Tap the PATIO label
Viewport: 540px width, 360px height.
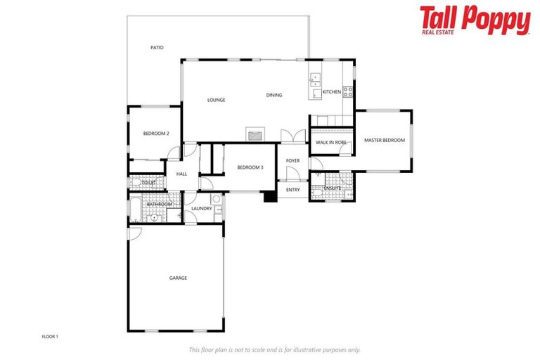[157, 48]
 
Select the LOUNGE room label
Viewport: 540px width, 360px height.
[216, 100]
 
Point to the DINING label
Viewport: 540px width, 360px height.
[274, 96]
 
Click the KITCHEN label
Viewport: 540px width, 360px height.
[331, 92]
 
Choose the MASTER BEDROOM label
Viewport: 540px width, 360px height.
[384, 141]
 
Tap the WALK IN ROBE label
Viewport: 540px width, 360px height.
[331, 143]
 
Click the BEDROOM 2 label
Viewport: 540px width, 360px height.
[156, 134]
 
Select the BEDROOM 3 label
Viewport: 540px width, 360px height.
[250, 167]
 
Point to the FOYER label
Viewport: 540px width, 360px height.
[292, 161]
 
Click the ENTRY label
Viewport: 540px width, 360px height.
[292, 190]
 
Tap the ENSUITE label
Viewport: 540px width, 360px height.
[332, 188]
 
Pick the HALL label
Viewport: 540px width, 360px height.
[181, 174]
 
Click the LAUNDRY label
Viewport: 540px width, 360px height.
[202, 209]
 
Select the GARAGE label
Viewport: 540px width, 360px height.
[178, 278]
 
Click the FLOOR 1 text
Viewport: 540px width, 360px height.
[50, 337]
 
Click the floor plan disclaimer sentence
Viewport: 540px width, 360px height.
[274, 349]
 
